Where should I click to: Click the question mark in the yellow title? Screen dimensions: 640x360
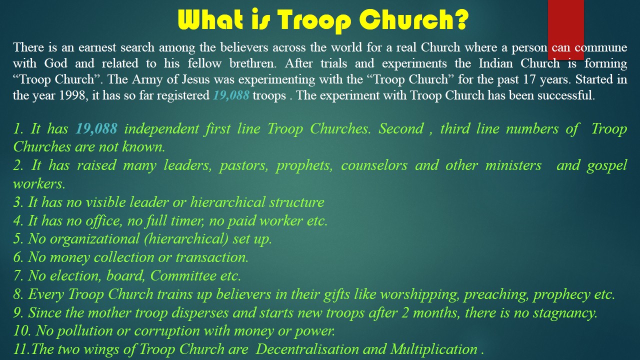point(459,19)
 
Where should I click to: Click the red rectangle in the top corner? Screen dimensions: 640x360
point(565,29)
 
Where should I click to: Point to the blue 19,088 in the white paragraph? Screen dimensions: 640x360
point(231,95)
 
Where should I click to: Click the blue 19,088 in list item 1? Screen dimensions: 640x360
point(96,128)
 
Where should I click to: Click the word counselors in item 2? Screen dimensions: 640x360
point(374,165)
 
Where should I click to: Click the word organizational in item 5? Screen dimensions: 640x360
point(94,239)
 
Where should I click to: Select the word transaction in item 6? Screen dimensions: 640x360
point(211,257)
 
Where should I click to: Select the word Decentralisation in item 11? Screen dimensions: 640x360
point(307,349)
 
